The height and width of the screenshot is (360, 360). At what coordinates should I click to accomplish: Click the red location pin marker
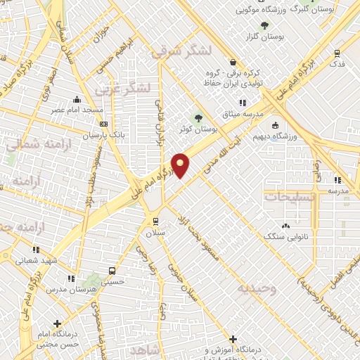pyautogui.click(x=181, y=165)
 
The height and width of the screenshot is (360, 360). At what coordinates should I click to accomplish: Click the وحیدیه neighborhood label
pyautogui.click(x=256, y=288)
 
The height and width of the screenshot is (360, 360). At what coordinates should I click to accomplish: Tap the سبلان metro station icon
pyautogui.click(x=155, y=221)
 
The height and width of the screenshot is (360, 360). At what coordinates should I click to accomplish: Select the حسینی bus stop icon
pyautogui.click(x=112, y=271)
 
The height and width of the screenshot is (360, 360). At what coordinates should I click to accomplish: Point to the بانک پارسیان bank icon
pyautogui.click(x=104, y=124)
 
